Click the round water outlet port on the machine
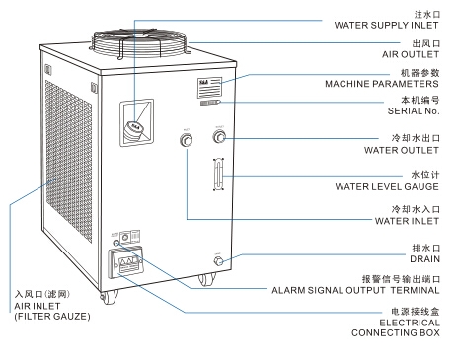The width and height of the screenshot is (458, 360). pos(219,138)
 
